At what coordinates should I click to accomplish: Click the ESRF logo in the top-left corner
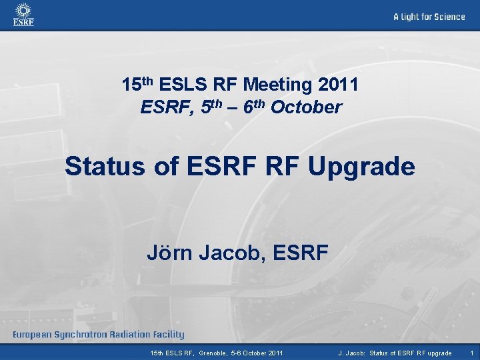[x=23, y=15]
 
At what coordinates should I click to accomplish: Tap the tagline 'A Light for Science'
[x=429, y=17]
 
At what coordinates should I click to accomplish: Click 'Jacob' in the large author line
[x=233, y=253]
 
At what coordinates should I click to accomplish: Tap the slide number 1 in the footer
[x=472, y=353]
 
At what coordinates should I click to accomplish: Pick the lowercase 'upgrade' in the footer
[x=438, y=353]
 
